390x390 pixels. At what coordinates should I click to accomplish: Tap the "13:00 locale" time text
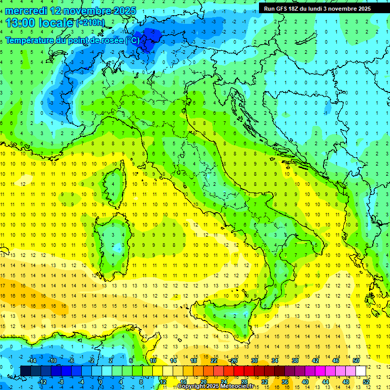click(39, 23)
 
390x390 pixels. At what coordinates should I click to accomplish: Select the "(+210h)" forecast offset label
click(90, 23)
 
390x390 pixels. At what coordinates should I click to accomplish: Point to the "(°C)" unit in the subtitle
click(132, 40)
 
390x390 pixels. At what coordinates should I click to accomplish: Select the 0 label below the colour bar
click(101, 381)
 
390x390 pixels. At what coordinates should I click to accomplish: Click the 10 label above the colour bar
click(153, 361)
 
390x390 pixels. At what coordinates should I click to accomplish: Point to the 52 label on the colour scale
click(366, 381)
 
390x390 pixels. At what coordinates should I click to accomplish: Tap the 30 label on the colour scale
click(254, 361)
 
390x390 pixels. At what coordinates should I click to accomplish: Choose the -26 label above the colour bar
click(234, 361)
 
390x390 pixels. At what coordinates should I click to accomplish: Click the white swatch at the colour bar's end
click(361, 371)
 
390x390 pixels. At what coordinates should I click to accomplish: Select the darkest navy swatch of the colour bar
click(25, 371)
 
